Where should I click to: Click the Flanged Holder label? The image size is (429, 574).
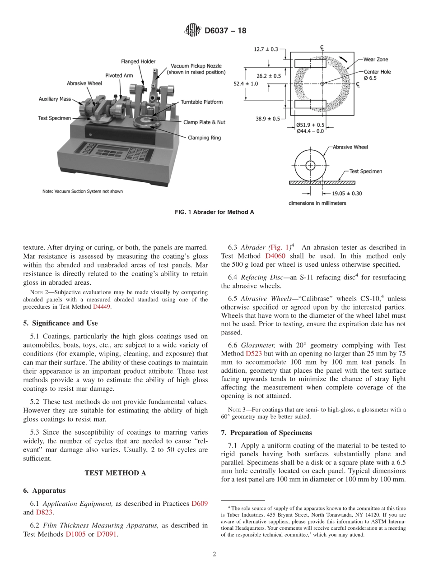click(x=138, y=61)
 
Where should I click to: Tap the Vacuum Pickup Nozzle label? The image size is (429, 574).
click(x=196, y=69)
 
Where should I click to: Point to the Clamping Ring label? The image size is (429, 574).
click(x=204, y=138)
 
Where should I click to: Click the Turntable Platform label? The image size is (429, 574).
click(x=202, y=102)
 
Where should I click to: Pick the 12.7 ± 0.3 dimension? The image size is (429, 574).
click(x=266, y=49)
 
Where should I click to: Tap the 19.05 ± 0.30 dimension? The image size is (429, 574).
click(x=331, y=194)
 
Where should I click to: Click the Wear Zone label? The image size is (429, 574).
click(x=375, y=59)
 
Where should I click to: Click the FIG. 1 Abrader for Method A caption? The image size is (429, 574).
click(x=214, y=212)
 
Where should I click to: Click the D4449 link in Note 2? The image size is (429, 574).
click(x=102, y=307)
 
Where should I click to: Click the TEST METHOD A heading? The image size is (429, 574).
click(x=115, y=473)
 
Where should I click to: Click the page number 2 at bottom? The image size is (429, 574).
click(x=214, y=554)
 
